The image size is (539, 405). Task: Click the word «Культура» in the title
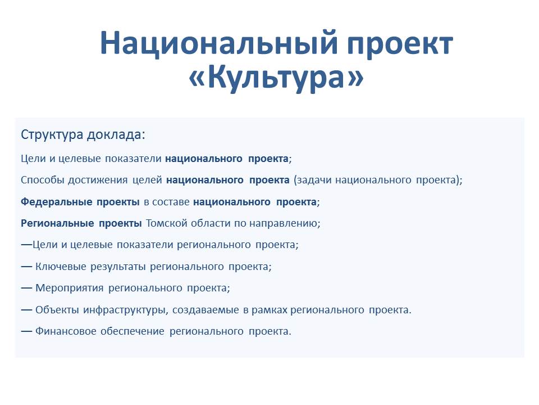pos(276,77)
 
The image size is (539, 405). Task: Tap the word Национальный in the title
pos(218,43)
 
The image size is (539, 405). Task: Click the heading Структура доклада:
pos(83,134)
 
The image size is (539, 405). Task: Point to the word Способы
pos(43,180)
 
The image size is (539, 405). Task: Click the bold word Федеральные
pos(56,202)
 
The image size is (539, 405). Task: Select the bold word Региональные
pos(57,223)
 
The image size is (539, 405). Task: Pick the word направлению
pos(285,224)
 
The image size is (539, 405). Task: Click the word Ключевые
pos(61,267)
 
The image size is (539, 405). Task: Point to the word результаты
pos(118,267)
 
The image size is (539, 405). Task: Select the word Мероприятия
pos(70,288)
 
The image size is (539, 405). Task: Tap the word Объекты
pos(57,309)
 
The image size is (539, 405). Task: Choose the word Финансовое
pos(66,331)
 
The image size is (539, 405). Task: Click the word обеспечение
pos(133,331)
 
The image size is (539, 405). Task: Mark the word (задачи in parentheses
pos(313,181)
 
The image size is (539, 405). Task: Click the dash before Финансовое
pos(26,331)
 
